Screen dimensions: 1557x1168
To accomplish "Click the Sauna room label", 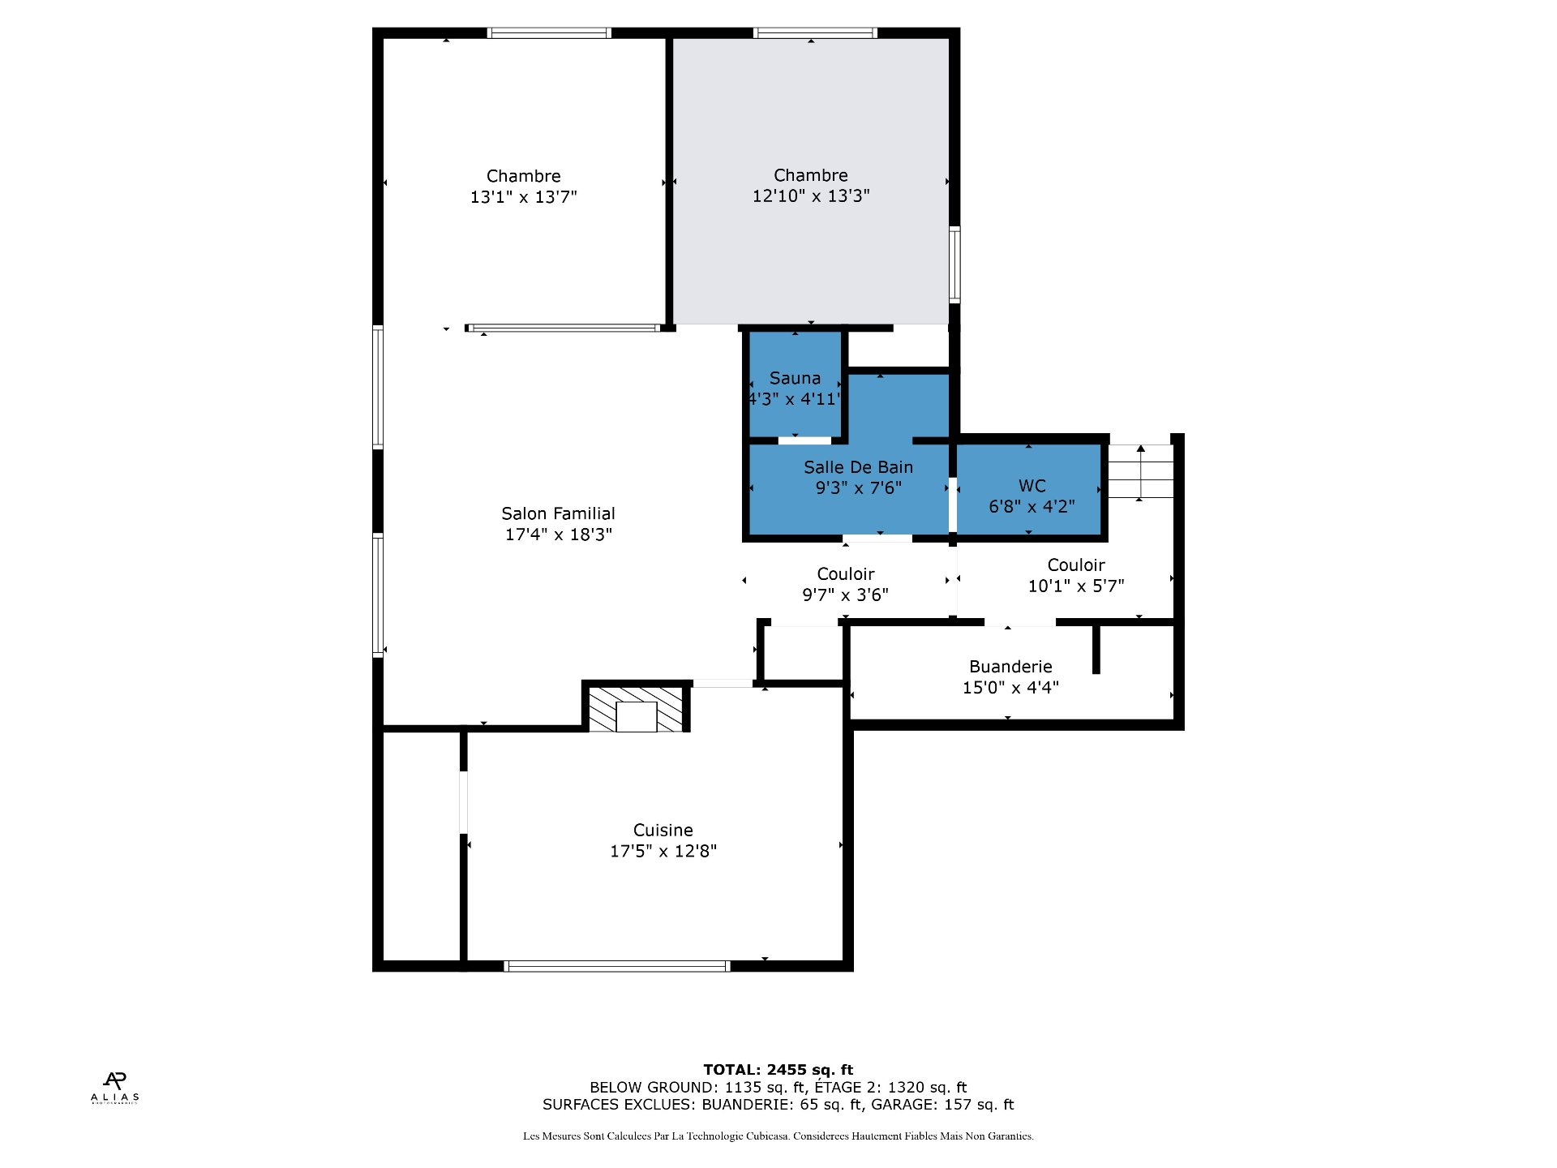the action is point(795,378).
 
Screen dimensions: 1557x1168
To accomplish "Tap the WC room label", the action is point(1032,486).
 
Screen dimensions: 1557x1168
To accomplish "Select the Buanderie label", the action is point(1010,667).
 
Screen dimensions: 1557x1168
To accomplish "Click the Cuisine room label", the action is point(663,831).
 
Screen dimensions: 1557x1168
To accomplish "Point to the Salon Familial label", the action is point(558,513).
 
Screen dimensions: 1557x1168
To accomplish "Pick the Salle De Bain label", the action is point(858,467).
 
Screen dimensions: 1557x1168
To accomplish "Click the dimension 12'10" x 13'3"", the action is point(811,195).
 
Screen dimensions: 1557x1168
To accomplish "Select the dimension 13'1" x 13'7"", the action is point(524,197).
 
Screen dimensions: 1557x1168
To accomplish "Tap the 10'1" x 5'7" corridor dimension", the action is point(1076,586).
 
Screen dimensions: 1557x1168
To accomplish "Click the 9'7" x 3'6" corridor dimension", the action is point(845,595).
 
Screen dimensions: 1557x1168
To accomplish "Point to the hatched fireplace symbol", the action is point(636,709).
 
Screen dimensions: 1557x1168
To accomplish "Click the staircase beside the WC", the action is point(1140,472).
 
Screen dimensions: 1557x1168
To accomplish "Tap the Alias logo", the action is point(114,1088).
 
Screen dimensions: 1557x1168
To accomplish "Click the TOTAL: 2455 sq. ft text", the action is point(778,1070).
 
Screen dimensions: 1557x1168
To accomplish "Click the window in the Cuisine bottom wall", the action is point(617,965).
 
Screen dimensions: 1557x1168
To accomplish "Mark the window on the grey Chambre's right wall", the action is point(955,264).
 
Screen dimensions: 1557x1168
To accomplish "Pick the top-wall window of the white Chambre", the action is point(549,33).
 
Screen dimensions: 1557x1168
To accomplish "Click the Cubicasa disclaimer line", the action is point(778,1136).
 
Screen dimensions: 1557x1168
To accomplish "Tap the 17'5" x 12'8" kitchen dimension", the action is point(663,851).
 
